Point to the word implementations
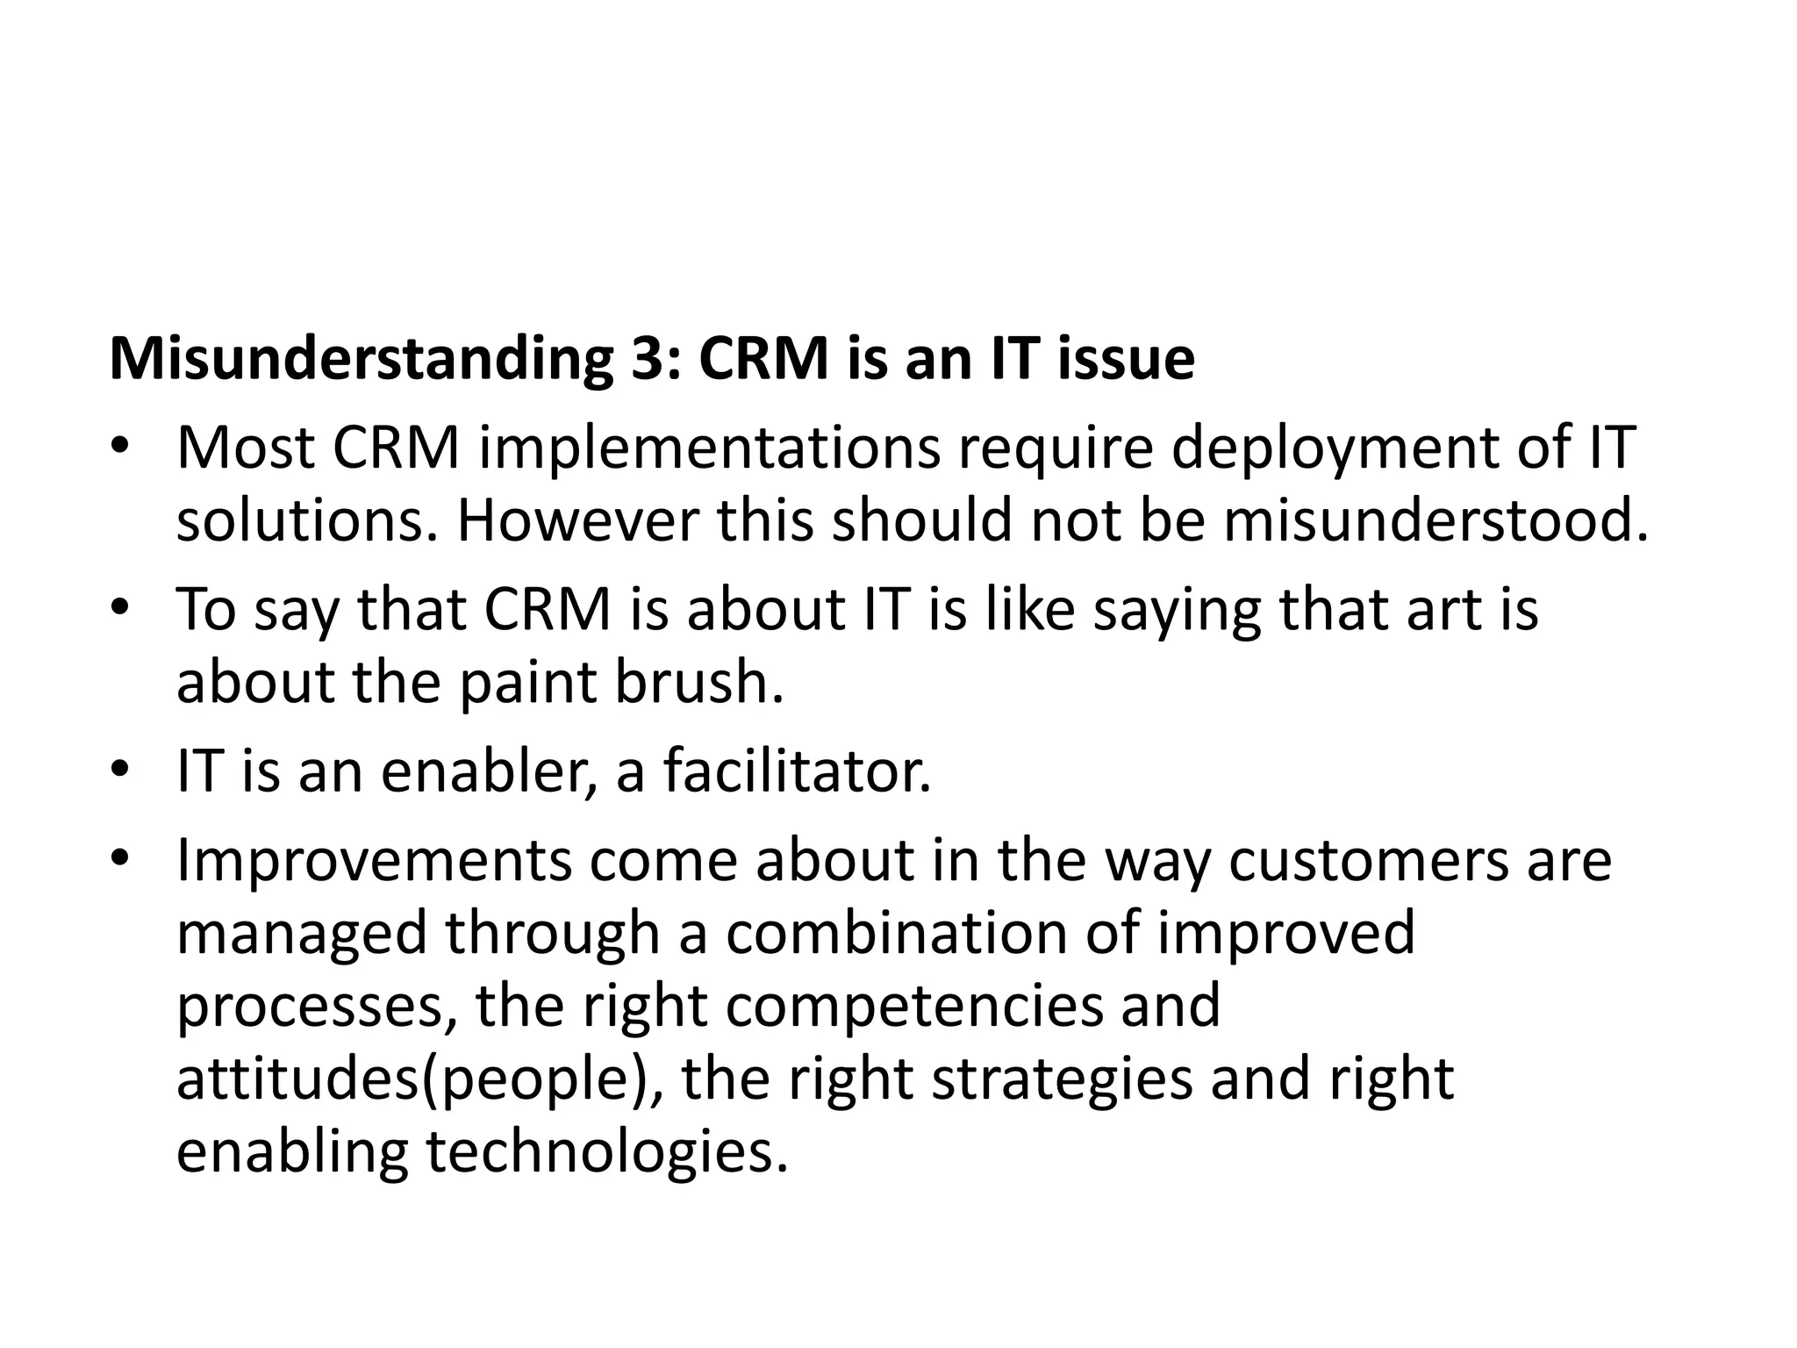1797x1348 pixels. click(x=709, y=449)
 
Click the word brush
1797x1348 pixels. click(x=698, y=683)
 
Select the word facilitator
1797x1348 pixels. click(x=797, y=772)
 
